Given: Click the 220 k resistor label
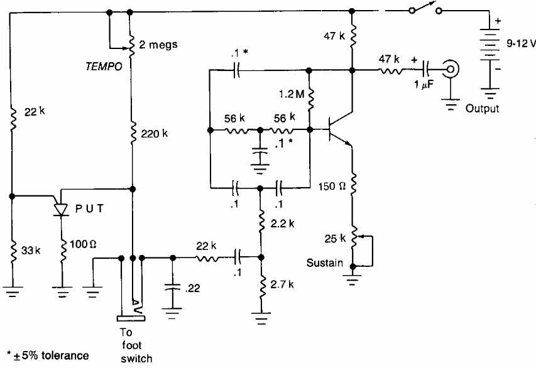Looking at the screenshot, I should click(154, 134).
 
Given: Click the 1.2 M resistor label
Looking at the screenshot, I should click(290, 95).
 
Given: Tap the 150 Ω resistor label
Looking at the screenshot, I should click(331, 187).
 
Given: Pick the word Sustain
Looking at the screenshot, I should click(324, 263).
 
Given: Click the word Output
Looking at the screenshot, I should click(481, 109).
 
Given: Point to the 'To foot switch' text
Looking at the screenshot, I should click(136, 346).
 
